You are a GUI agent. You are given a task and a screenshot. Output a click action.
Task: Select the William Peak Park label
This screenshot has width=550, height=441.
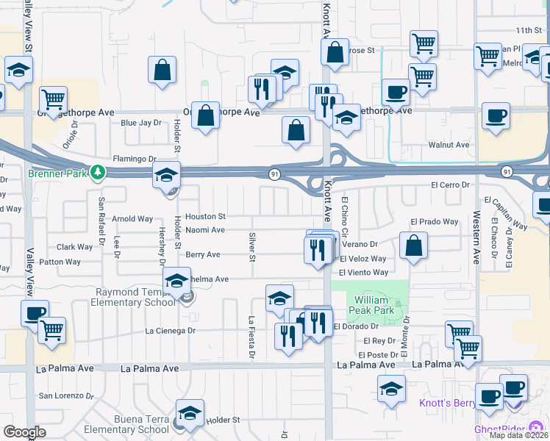374,305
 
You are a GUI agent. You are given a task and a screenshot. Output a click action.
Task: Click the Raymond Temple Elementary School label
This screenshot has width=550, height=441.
135,297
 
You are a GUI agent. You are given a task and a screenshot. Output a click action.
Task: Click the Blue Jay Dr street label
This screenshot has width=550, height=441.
140,123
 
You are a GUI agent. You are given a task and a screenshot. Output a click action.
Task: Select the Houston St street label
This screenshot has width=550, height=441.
205,217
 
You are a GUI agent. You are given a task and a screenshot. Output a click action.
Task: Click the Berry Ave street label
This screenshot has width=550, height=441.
203,255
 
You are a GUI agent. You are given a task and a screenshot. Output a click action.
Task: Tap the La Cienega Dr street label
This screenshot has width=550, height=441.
171,331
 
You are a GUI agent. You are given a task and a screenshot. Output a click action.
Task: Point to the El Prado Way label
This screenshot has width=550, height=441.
434,221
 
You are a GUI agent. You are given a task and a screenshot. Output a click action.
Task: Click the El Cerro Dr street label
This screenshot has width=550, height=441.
450,184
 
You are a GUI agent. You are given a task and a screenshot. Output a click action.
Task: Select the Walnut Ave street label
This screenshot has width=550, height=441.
452,146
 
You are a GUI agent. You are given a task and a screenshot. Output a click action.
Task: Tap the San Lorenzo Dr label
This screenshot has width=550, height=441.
66,395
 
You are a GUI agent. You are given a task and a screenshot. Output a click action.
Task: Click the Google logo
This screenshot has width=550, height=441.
24,432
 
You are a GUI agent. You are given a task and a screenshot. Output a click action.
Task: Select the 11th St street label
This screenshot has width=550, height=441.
528,31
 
